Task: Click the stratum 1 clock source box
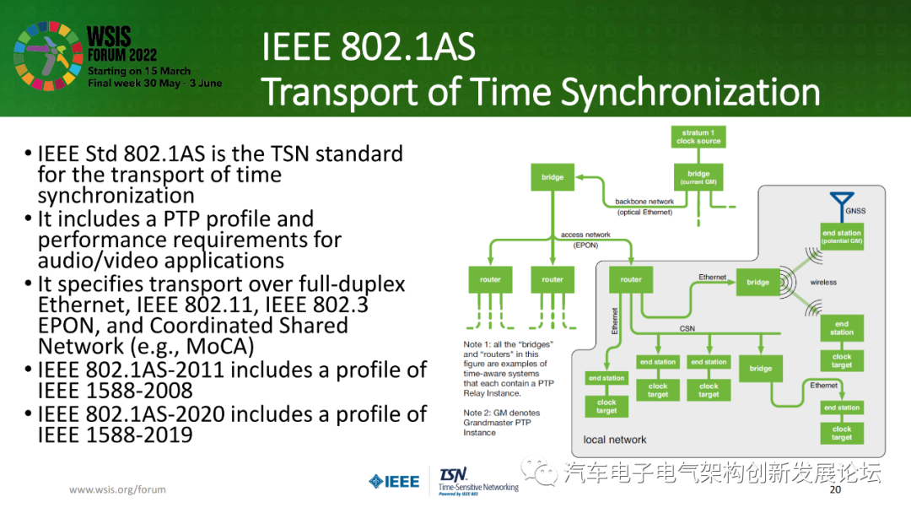(698, 137)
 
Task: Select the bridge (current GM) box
(698, 177)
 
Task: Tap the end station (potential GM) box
(841, 237)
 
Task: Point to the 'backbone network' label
(644, 202)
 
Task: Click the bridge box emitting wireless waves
(757, 282)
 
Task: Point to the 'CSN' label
(687, 329)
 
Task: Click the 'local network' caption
(614, 440)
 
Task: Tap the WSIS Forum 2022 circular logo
(47, 57)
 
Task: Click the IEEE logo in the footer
(393, 482)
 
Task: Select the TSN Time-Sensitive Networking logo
(477, 480)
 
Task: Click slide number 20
(836, 490)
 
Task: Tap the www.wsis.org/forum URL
(117, 489)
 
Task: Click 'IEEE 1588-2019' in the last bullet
(115, 435)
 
